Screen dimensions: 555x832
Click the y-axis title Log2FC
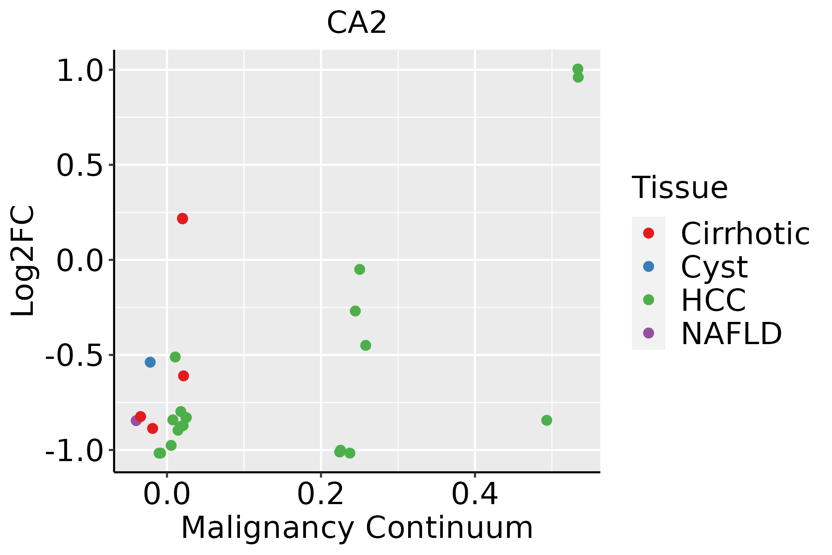(x=23, y=261)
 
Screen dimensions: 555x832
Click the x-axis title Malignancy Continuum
(x=356, y=528)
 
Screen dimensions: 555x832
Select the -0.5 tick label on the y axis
(x=79, y=356)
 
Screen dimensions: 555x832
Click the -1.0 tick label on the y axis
(x=79, y=451)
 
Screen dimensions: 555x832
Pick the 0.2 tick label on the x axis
(x=320, y=494)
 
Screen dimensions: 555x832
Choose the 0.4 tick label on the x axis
(x=474, y=494)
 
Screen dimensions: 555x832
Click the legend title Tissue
(x=679, y=188)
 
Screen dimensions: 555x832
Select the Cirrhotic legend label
(x=745, y=234)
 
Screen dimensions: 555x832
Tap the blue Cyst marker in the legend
(x=648, y=266)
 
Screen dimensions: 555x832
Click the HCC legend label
(x=713, y=300)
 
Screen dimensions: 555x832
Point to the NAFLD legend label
(x=731, y=333)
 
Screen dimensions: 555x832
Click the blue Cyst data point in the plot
(x=150, y=362)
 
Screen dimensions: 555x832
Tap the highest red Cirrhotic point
(x=183, y=219)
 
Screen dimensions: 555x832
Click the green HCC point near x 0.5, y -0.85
(x=547, y=420)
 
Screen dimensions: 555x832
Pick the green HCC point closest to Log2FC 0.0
(x=360, y=270)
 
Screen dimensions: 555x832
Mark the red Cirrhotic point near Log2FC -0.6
(x=184, y=376)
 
